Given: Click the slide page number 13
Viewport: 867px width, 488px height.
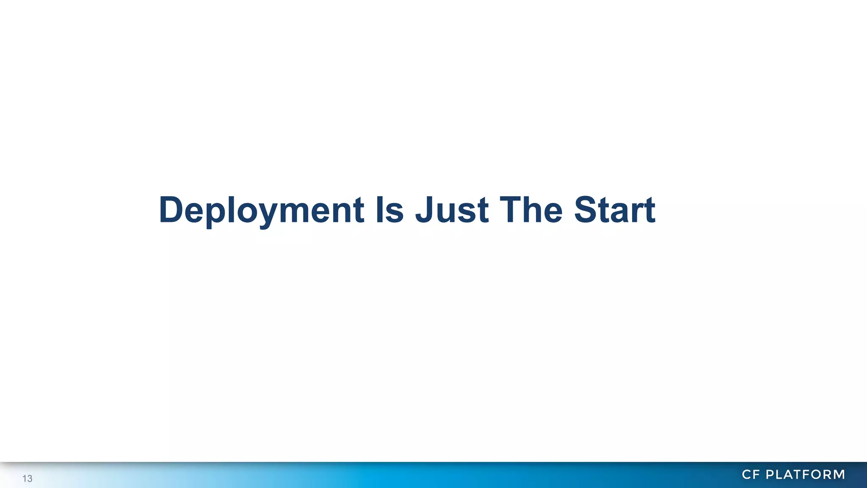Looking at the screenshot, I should (28, 479).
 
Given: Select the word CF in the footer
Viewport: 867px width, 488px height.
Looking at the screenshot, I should (751, 474).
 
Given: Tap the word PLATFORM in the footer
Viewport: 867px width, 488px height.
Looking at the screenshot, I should (806, 474).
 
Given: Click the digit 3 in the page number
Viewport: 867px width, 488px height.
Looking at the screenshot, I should (30, 479).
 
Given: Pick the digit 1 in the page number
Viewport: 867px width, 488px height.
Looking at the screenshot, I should (25, 479).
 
